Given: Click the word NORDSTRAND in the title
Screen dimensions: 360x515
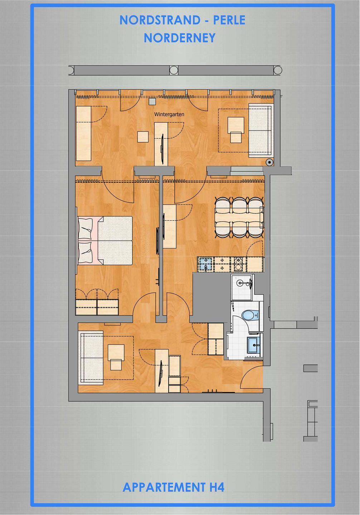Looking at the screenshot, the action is [160, 20].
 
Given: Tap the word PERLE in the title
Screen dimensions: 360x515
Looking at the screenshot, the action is [229, 20].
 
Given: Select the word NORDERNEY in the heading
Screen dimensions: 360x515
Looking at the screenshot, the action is [180, 38].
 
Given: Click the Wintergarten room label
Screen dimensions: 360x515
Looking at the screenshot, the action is [169, 114].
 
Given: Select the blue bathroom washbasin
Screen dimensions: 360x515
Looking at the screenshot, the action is [254, 345].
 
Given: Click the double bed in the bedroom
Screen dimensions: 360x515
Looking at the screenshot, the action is [105, 240].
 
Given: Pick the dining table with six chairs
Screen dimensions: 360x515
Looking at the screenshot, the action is [239, 217].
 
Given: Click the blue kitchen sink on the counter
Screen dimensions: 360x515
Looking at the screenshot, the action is [205, 263].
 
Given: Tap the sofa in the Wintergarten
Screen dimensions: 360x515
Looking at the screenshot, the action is [261, 130].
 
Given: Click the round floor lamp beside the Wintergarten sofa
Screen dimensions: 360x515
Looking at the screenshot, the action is [269, 162].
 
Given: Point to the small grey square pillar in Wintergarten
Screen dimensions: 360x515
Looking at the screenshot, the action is [152, 102].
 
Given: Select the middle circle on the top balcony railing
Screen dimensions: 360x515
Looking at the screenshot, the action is [174, 70].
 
